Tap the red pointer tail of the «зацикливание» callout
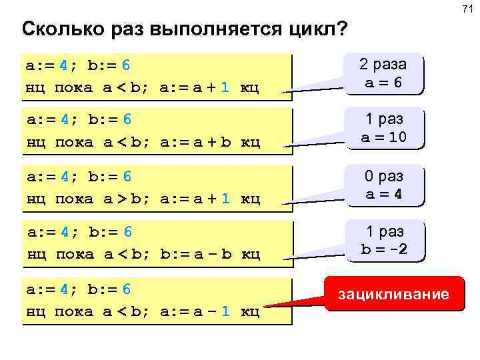[x=280, y=305]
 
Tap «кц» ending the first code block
[x=249, y=87]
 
